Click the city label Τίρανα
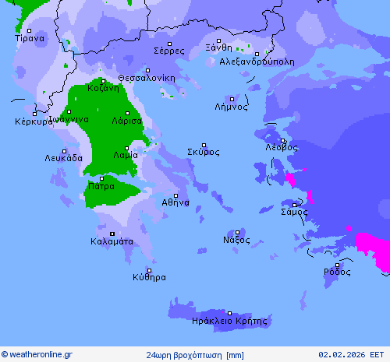coord(30,37)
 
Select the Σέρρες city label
coord(169,51)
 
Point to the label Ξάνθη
coord(218,47)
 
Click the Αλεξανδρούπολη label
coord(257,61)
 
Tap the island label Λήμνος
coord(232,107)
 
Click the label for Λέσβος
coord(282,146)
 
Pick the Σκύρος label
coord(204,152)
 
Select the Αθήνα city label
coord(175,202)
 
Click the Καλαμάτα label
coord(112,241)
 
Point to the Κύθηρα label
coord(149,276)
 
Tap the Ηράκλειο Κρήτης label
coord(229,320)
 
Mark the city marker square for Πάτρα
coord(101,178)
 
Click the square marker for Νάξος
coord(238,231)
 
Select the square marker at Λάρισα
coord(127,114)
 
